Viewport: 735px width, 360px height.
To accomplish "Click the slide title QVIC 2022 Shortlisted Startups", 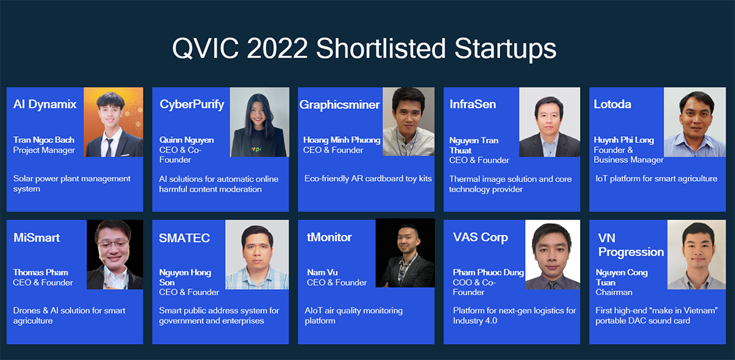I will [364, 49].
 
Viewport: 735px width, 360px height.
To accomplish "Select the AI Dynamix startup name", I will [45, 104].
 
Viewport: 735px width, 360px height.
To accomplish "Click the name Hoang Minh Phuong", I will [341, 140].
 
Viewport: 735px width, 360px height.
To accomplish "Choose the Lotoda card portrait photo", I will [694, 122].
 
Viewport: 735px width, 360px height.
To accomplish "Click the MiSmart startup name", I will [37, 238].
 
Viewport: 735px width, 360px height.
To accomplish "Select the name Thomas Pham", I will [41, 273].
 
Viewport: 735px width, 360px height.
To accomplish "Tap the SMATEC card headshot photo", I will [256, 254].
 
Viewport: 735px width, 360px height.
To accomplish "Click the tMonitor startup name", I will [329, 237].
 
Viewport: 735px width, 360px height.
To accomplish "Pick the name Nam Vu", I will [322, 273].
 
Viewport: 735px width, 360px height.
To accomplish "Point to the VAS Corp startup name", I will [480, 237].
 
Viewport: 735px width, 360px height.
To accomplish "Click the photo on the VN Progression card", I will [696, 254].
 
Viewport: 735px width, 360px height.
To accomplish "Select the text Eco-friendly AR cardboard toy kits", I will [368, 178].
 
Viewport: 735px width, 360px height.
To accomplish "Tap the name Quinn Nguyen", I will [186, 140].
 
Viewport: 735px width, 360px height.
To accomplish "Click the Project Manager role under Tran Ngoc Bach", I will [44, 150].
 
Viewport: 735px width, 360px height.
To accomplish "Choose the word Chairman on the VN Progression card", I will [613, 292].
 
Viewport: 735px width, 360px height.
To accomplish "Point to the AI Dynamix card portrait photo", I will [113, 122].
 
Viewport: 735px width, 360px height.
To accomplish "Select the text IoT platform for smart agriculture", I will [656, 178].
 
